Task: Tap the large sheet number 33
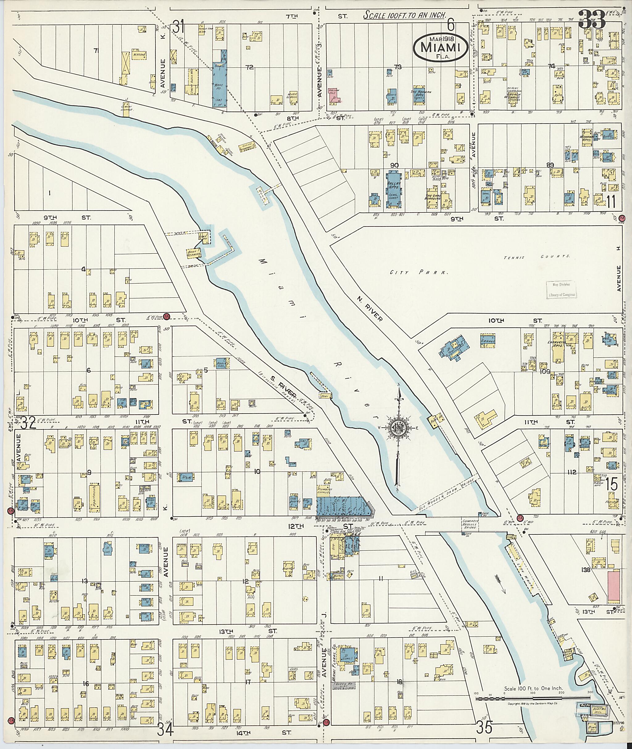[x=592, y=19]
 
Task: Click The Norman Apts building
[x=421, y=95]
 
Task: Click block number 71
[x=96, y=51]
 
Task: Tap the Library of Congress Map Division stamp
[x=562, y=290]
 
